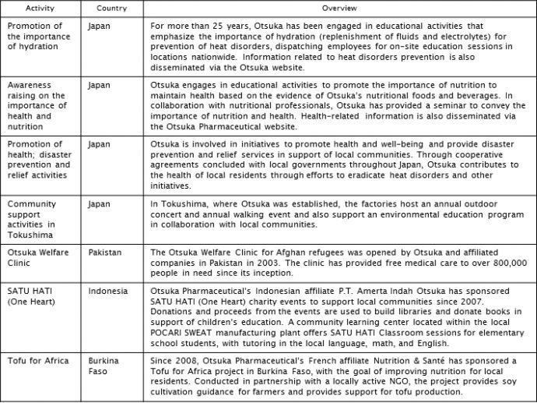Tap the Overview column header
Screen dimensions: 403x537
coord(337,8)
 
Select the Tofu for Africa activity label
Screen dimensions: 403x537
coord(37,361)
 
